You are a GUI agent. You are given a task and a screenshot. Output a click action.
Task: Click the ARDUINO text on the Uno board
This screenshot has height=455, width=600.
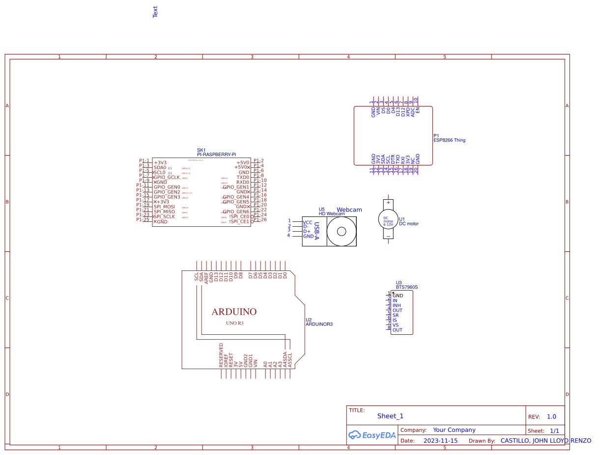234,312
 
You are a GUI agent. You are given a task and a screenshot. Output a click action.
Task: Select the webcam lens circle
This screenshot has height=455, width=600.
342,231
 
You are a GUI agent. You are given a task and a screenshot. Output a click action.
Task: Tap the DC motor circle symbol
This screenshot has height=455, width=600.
388,219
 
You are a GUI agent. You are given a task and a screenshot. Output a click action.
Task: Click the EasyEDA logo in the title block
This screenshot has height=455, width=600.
372,435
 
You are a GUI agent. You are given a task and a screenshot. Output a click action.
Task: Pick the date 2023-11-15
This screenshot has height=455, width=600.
440,441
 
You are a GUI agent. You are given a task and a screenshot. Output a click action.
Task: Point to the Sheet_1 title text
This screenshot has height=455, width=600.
390,416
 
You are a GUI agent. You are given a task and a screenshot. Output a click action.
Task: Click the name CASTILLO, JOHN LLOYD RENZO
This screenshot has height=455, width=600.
545,441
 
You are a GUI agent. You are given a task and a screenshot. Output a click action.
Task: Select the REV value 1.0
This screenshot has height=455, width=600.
551,417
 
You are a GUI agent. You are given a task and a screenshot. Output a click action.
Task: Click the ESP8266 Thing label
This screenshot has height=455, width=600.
449,140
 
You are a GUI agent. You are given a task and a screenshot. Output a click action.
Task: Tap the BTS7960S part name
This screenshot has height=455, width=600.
406,287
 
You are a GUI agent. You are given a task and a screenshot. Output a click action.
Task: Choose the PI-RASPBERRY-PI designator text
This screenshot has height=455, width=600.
217,155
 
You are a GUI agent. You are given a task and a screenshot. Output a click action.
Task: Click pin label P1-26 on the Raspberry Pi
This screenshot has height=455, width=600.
260,220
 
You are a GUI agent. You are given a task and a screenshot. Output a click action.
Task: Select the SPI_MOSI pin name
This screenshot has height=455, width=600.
164,207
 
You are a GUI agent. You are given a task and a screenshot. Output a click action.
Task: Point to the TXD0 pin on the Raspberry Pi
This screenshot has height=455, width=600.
243,177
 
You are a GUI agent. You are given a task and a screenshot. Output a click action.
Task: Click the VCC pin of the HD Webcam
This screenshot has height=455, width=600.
308,222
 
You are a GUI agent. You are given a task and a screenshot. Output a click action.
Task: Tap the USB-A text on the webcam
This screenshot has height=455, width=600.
317,231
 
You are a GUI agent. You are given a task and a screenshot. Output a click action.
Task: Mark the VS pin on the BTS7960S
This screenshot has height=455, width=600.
396,325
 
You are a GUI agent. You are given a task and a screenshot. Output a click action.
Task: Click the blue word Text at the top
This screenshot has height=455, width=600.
155,12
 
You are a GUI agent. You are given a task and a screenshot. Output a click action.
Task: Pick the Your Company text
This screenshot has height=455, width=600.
454,430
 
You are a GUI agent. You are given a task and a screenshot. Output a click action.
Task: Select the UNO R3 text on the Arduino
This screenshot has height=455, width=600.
234,324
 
